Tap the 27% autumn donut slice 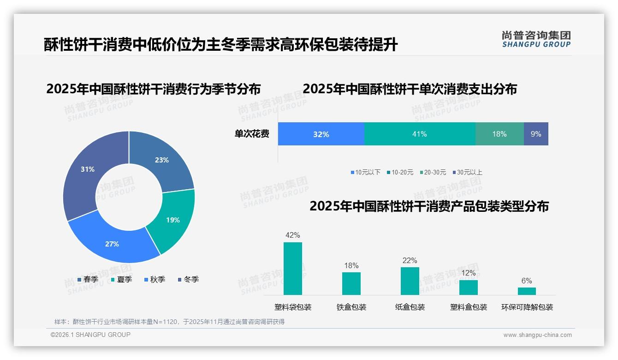coord(113,243)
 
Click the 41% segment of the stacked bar coord(420,134)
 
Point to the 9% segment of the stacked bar coord(536,134)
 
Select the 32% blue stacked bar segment coord(321,134)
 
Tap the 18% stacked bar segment coord(499,134)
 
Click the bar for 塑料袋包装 coord(293,269)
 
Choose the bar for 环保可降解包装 coord(527,291)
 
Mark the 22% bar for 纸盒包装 coord(410,281)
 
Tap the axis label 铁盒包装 coord(351,307)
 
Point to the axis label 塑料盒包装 coord(469,307)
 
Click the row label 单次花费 coord(252,134)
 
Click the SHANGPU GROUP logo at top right coord(536,39)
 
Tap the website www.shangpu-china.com coord(537,335)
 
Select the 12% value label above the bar coord(469,273)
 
